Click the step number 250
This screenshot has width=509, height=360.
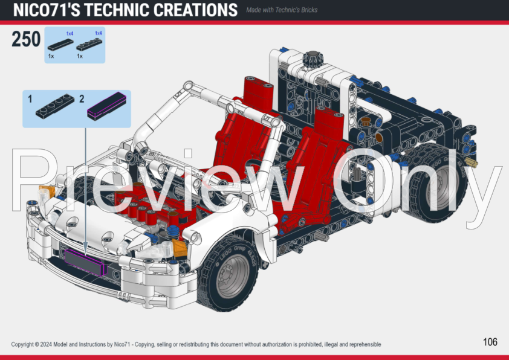point(26,40)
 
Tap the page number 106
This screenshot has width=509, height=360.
point(490,342)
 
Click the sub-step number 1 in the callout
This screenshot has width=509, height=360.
point(29,98)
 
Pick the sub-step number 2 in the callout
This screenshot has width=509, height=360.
point(81,98)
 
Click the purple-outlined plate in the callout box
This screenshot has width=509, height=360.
point(108,107)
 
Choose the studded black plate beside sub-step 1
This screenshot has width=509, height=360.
point(54,107)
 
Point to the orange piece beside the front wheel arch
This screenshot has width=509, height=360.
point(179,246)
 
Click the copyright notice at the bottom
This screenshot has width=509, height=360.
point(196,344)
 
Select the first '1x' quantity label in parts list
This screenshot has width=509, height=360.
point(51,56)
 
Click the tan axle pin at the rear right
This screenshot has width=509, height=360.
point(472,163)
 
